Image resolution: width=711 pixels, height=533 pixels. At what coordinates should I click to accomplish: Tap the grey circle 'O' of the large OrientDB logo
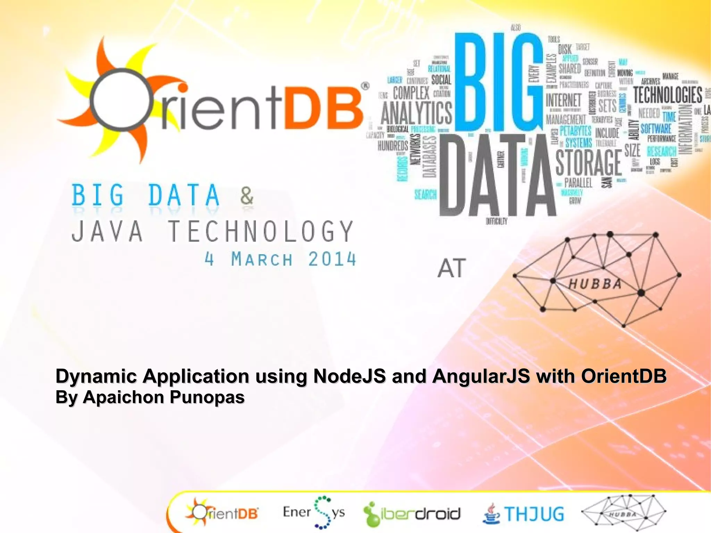(x=121, y=100)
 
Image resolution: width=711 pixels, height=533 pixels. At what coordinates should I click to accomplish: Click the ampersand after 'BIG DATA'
(x=247, y=196)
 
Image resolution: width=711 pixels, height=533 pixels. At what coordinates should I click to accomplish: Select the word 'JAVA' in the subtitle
(x=107, y=231)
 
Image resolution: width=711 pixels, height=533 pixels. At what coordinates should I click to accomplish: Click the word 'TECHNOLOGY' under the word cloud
(x=261, y=231)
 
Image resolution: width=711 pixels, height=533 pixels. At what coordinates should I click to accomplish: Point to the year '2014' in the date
(x=332, y=259)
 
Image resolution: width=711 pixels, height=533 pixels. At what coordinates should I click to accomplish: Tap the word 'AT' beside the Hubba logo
(x=451, y=268)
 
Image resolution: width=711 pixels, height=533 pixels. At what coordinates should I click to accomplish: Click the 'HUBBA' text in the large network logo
(x=595, y=284)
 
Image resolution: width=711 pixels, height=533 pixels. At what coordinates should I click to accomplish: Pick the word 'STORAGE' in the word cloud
(x=589, y=163)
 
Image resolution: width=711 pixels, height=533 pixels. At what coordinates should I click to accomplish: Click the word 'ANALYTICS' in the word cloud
(x=417, y=113)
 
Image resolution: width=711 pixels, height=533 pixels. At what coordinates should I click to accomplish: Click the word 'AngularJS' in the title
(x=481, y=376)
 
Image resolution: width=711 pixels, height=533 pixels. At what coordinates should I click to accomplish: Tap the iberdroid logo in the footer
(x=412, y=514)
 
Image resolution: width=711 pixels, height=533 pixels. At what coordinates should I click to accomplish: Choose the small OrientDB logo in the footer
(x=222, y=513)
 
